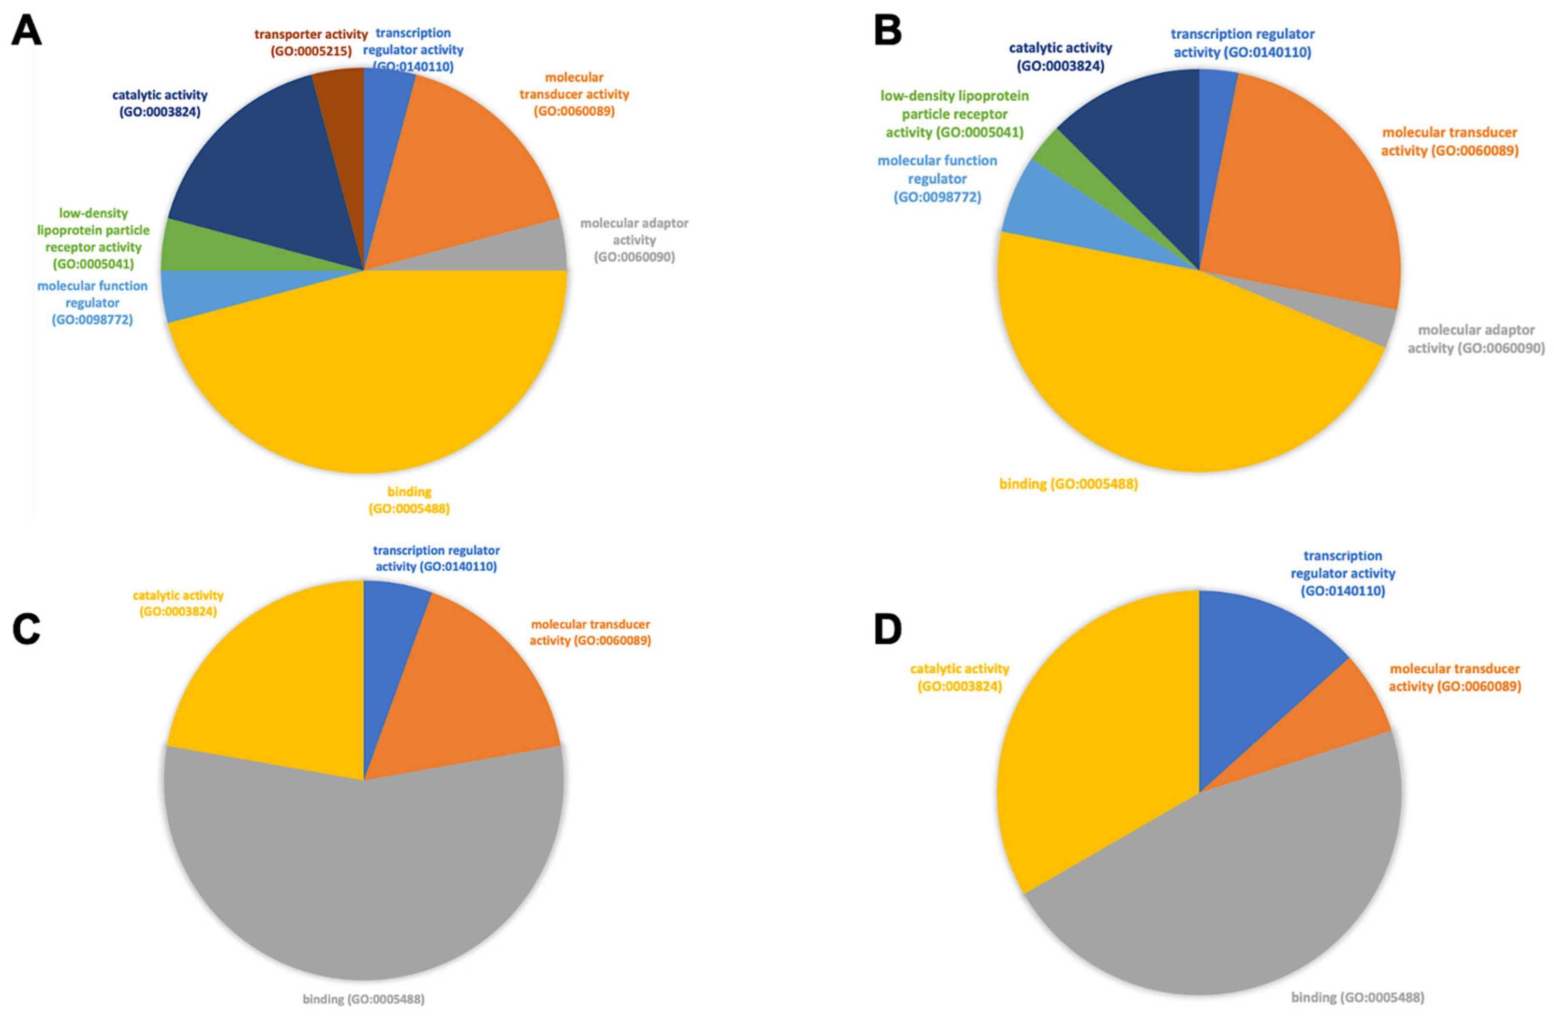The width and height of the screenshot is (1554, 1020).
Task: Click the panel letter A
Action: pos(26,30)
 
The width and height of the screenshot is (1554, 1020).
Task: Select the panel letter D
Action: pos(888,629)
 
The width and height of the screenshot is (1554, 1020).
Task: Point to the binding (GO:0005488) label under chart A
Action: pos(409,500)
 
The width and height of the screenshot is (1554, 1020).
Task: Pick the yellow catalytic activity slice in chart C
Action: pos(268,686)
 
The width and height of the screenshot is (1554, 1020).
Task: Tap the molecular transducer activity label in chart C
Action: pos(590,632)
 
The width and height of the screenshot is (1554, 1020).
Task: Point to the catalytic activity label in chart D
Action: pos(959,677)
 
